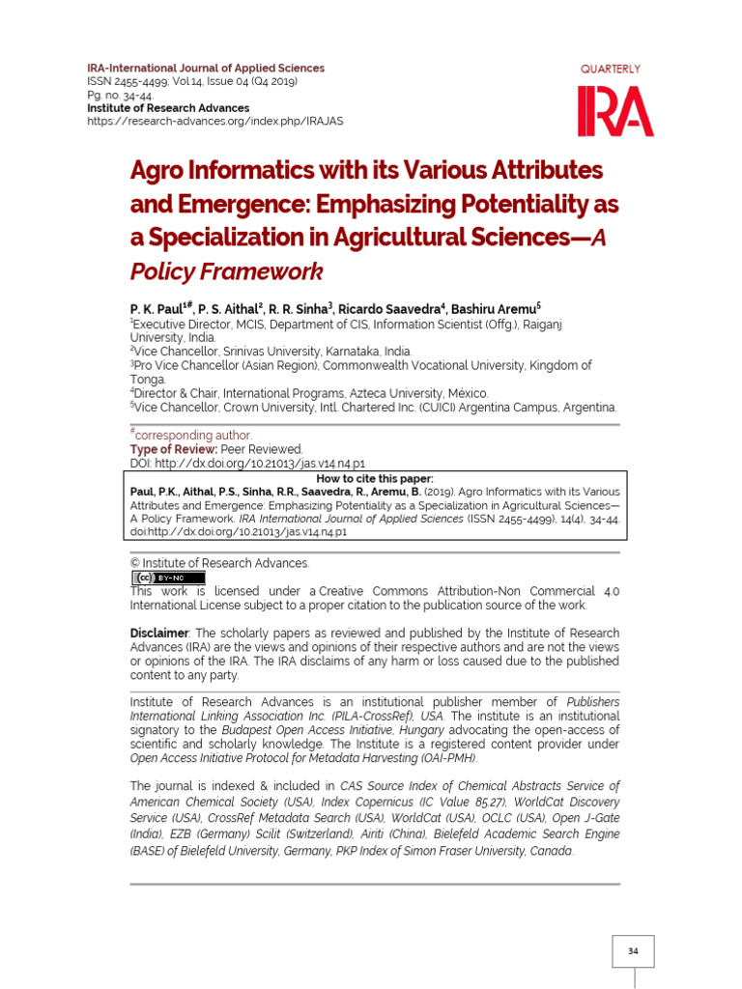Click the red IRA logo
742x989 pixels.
tap(615, 111)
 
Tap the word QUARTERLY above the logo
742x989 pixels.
tap(610, 69)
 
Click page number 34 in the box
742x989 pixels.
tap(633, 951)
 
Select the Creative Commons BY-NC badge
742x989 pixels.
tap(168, 578)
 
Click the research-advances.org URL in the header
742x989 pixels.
tap(214, 121)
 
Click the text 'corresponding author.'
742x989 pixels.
tap(193, 436)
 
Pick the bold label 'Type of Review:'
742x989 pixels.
tap(174, 449)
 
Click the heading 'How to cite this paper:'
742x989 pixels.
tap(378, 478)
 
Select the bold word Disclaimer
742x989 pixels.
tap(161, 633)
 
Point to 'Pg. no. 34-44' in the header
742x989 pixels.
tap(120, 96)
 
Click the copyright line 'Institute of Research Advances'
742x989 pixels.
tap(225, 563)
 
